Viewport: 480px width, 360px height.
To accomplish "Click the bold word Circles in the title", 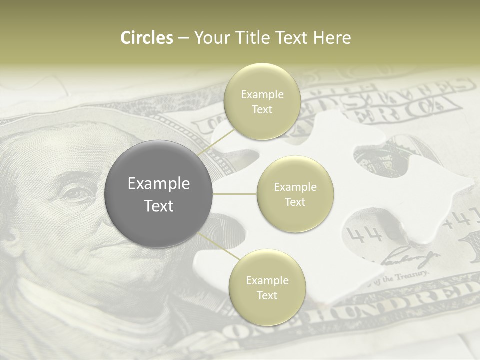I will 146,38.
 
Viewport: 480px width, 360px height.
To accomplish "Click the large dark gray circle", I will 159,194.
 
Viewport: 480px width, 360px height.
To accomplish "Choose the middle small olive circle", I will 295,194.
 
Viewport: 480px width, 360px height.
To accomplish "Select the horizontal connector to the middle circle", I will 234,194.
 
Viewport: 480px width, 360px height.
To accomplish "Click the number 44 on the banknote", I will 363,234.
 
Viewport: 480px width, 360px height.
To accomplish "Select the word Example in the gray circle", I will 159,184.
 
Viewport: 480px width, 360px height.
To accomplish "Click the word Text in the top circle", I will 261,110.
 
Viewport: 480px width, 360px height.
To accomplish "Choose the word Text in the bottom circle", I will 267,295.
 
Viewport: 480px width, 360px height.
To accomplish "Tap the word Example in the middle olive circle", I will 295,187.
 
